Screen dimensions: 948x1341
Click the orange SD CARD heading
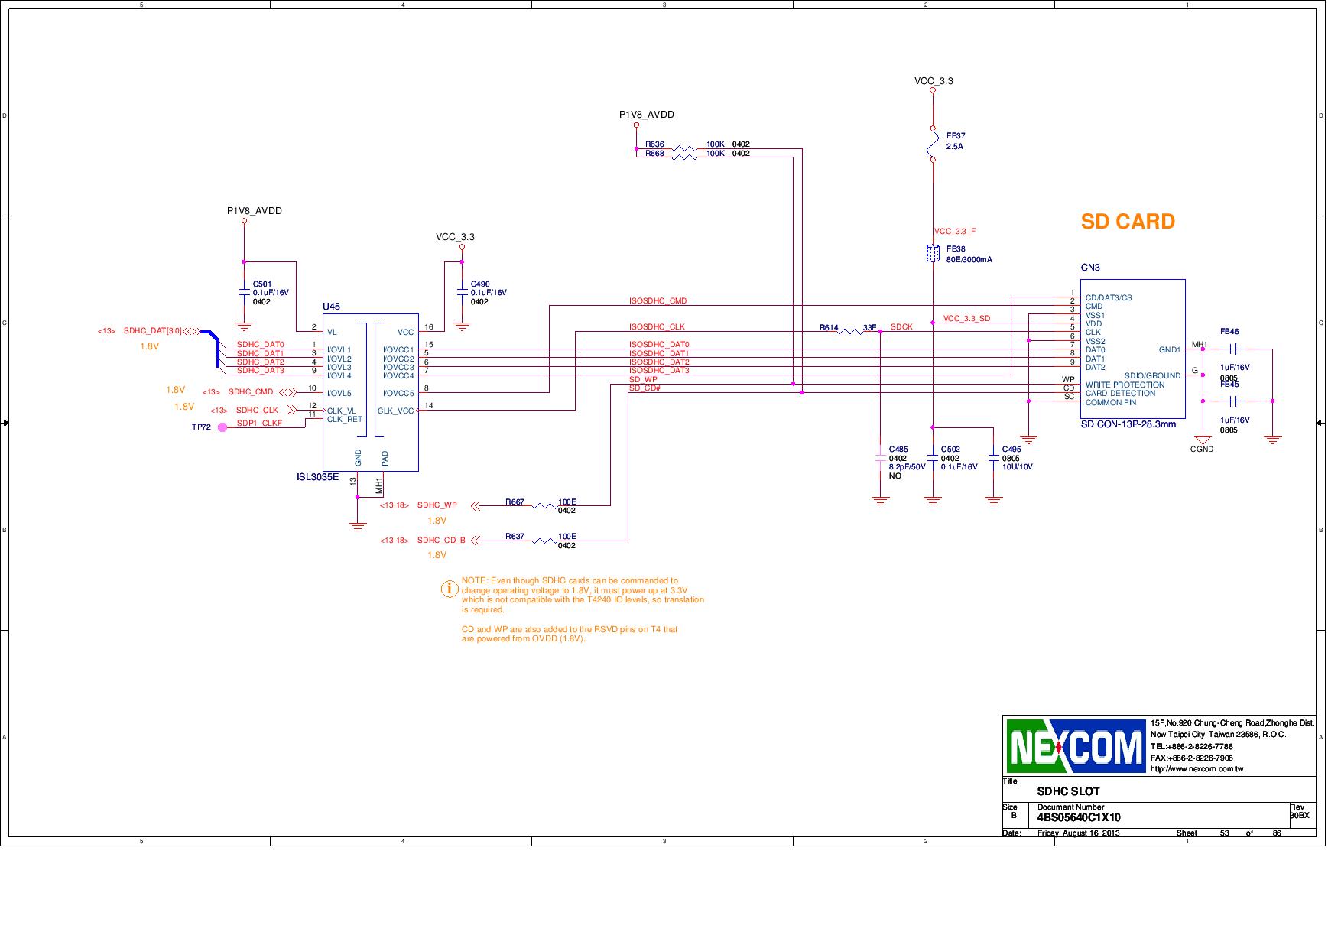point(1127,222)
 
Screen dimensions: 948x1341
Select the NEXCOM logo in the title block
point(1075,745)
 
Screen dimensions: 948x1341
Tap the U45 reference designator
point(331,307)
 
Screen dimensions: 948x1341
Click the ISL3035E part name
point(317,478)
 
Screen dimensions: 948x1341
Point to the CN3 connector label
point(1089,268)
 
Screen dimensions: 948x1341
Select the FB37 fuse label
point(956,136)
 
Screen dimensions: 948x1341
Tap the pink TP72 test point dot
point(222,427)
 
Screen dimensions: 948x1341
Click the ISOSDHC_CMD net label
point(658,301)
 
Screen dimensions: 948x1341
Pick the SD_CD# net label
point(645,388)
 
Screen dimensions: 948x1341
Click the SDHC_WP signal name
point(437,505)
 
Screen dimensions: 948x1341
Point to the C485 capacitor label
point(898,450)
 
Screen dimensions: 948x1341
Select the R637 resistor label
point(515,537)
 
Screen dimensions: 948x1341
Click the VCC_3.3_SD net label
point(966,319)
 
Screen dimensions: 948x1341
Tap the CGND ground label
point(1202,450)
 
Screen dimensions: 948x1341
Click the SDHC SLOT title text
point(1068,791)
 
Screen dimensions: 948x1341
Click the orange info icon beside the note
point(450,589)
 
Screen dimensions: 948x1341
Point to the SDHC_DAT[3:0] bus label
point(153,331)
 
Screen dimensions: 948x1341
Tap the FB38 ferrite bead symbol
point(933,254)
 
